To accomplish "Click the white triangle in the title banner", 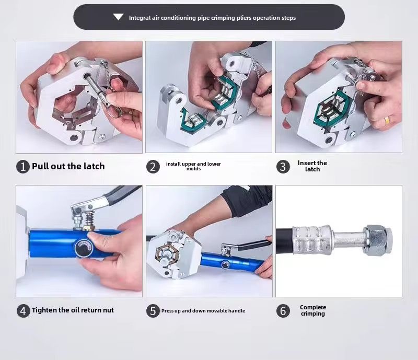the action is click(118, 17).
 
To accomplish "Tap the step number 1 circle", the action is click(23, 167).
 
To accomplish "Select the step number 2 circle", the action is click(153, 167).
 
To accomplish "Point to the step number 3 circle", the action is click(283, 167).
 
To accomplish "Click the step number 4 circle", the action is click(23, 311).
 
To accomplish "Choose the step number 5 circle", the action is click(153, 311).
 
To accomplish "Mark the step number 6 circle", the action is click(283, 311).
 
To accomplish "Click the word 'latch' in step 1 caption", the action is click(94, 166).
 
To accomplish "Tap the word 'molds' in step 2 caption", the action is click(193, 169).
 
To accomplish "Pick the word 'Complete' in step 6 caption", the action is click(313, 307).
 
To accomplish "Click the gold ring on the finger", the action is click(387, 120).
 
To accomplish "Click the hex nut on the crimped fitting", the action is click(377, 240).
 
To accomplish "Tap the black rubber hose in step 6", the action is click(284, 240).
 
